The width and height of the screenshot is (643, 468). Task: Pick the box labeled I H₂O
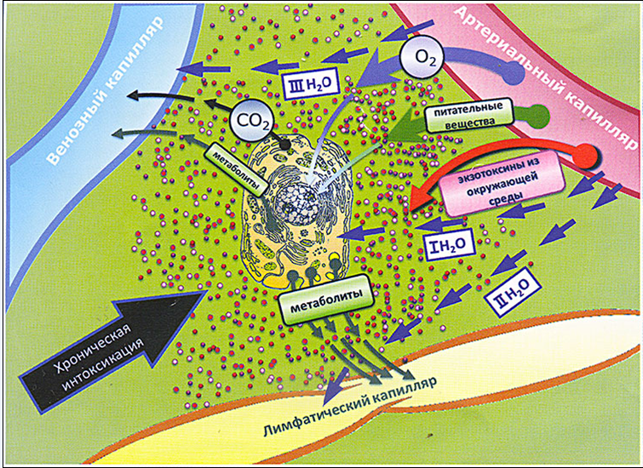(450, 245)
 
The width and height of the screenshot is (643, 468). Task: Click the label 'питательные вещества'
(469, 115)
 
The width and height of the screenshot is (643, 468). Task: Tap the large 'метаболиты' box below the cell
(326, 300)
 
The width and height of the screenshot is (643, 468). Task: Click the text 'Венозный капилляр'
(105, 91)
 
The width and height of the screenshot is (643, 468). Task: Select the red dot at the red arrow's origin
(587, 156)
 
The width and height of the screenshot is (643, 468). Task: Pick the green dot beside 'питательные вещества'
(537, 116)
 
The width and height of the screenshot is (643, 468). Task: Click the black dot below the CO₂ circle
(284, 144)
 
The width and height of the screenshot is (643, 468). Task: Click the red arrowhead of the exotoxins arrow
(423, 196)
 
